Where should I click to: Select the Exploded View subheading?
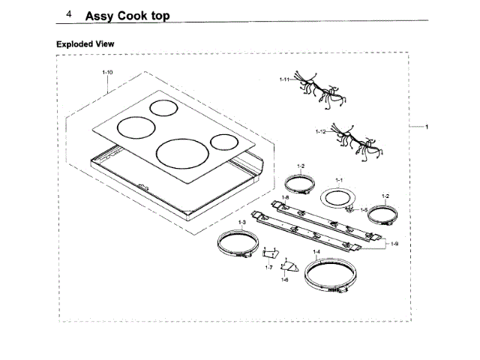point(85,44)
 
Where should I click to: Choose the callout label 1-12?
point(320,130)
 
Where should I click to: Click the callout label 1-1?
point(338,181)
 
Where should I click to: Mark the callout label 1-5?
point(364,209)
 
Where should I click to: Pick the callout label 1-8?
point(285,197)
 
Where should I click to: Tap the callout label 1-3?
point(241,223)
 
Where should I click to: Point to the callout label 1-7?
point(268,266)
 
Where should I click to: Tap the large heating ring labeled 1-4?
point(334,275)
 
